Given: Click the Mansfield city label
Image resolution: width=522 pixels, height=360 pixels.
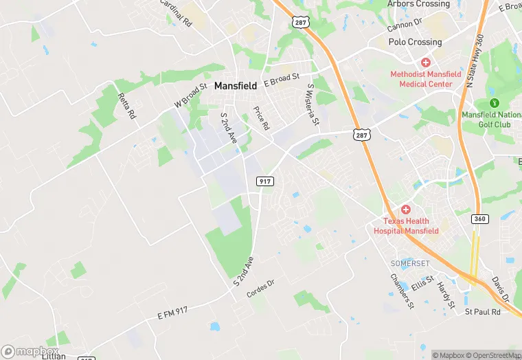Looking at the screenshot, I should click(236, 87).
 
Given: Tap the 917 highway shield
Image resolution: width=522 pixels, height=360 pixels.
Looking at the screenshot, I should click(265, 181).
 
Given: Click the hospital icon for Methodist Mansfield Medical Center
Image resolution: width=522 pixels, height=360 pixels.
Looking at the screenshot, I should click(426, 63).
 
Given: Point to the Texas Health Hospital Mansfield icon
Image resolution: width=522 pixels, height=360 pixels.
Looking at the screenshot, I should click(406, 209).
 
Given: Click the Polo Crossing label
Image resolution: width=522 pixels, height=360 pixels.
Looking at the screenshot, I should click(415, 42).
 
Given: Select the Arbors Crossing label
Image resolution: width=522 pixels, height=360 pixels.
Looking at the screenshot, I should click(418, 4).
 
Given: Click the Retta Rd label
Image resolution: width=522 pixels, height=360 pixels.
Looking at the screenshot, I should click(127, 106).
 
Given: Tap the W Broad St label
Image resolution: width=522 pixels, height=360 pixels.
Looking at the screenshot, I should click(190, 95).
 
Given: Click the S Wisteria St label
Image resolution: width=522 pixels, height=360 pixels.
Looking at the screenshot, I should click(313, 105).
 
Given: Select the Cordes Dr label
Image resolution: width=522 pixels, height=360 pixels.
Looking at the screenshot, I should click(260, 289).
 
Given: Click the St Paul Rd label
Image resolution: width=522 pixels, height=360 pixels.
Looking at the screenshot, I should click(483, 312).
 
